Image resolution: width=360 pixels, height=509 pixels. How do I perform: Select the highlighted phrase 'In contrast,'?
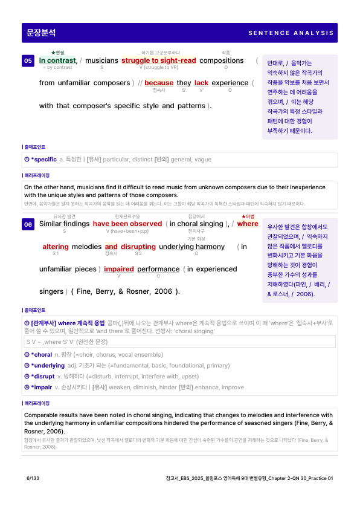point(58,60)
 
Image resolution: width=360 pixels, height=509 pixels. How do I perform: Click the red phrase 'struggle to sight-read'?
point(158,60)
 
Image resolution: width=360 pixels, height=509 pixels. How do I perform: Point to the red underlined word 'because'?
point(159,83)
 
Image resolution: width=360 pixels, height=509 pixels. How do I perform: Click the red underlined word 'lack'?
point(201,83)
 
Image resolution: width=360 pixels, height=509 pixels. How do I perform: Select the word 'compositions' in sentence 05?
point(221,60)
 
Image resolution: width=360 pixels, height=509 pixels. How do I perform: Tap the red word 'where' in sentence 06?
point(248,224)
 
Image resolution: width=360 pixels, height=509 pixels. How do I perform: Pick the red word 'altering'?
point(56,247)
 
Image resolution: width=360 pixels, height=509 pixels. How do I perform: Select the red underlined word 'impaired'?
point(118,269)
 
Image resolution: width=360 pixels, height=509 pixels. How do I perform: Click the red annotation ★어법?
point(248,216)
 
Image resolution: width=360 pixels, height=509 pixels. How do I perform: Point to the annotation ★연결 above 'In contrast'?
point(58,53)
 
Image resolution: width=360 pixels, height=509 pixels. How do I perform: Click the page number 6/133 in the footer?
point(33,478)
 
